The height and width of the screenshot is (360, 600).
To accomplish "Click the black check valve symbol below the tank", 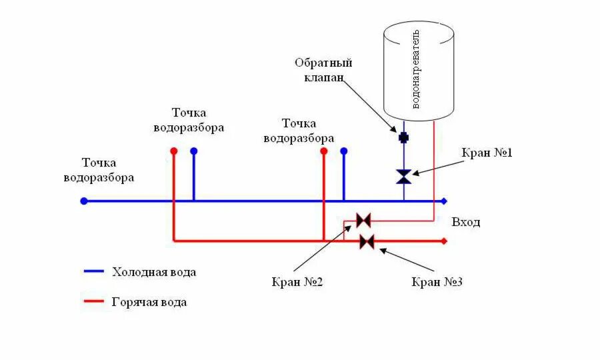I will pyautogui.click(x=403, y=137).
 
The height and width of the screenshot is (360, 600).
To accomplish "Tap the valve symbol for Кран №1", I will pyautogui.click(x=403, y=177).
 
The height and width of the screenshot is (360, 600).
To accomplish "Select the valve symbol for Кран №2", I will pyautogui.click(x=363, y=220).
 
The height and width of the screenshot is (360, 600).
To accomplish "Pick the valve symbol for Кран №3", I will pyautogui.click(x=367, y=241).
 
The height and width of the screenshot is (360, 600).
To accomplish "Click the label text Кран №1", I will pyautogui.click(x=487, y=153).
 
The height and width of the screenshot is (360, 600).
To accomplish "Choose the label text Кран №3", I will pyautogui.click(x=437, y=282).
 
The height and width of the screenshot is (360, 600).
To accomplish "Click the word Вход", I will pyautogui.click(x=465, y=222).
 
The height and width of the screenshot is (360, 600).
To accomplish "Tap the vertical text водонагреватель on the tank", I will pyautogui.click(x=417, y=68).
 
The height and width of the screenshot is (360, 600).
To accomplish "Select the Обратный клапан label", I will pyautogui.click(x=323, y=69).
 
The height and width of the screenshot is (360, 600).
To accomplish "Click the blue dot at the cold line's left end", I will pyautogui.click(x=84, y=201).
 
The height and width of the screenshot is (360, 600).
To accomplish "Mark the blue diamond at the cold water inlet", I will pyautogui.click(x=445, y=201).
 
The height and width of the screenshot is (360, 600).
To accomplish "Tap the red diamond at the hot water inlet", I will pyautogui.click(x=445, y=241).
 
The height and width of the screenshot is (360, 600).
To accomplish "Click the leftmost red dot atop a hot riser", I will pyautogui.click(x=174, y=151).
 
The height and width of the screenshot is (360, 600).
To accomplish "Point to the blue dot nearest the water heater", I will pyautogui.click(x=344, y=151).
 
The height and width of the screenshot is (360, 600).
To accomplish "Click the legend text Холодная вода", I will pyautogui.click(x=154, y=272).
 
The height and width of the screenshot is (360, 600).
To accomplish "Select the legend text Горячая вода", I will pyautogui.click(x=149, y=302).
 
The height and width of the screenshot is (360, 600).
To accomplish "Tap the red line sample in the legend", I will pyautogui.click(x=94, y=302).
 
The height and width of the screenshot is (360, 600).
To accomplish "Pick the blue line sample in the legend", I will pyautogui.click(x=94, y=272).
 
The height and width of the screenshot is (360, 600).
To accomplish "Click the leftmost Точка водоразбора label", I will pyautogui.click(x=99, y=170).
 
